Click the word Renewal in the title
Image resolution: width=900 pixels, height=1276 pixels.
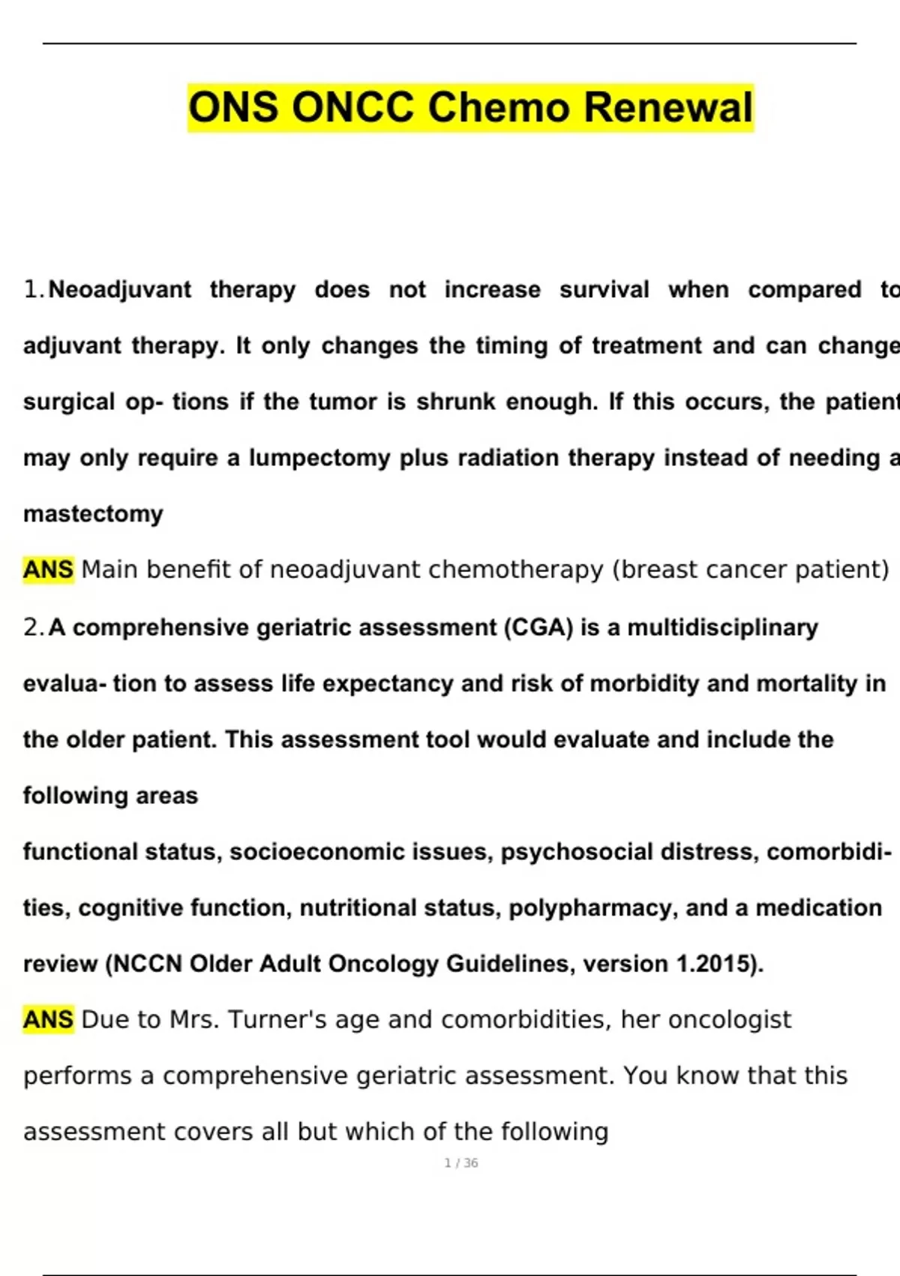tap(667, 107)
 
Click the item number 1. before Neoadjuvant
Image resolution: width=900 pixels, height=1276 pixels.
tap(34, 290)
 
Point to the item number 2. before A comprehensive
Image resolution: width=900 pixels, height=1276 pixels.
tap(34, 627)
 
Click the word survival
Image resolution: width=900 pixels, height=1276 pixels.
tap(604, 290)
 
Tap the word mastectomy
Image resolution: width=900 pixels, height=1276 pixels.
tap(93, 514)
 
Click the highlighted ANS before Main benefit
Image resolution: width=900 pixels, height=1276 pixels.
tap(48, 570)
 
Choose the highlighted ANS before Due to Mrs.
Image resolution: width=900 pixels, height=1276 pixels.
tap(48, 1019)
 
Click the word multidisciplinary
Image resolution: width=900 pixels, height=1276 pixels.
tap(722, 627)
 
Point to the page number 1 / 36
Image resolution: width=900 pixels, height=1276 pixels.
tap(461, 1163)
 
